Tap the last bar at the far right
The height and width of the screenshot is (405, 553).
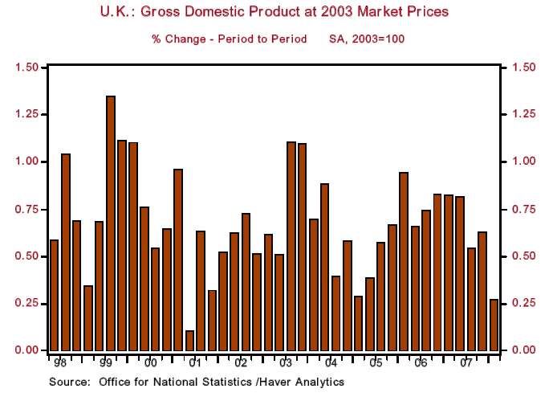click(x=494, y=325)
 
